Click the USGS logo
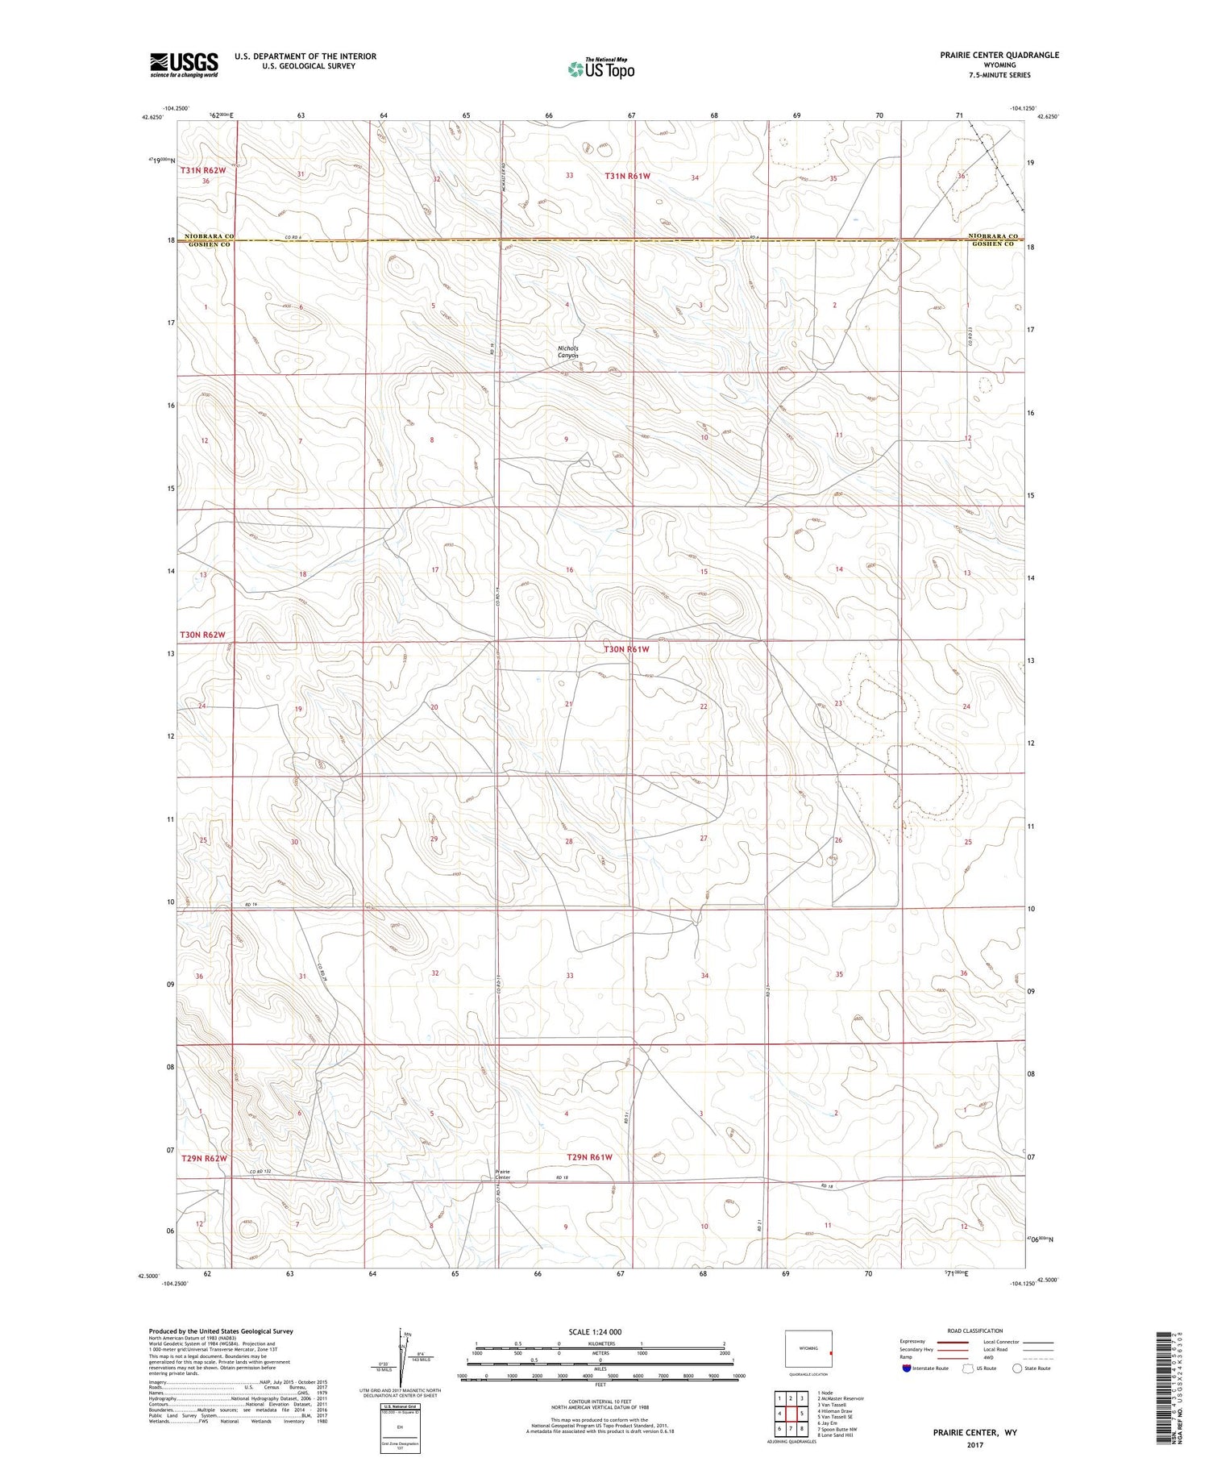pyautogui.click(x=184, y=65)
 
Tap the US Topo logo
pyautogui.click(x=600, y=69)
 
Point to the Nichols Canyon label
pyautogui.click(x=568, y=352)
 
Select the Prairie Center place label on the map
pyautogui.click(x=502, y=1174)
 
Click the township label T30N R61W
pyautogui.click(x=627, y=649)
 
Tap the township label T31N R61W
pyautogui.click(x=627, y=175)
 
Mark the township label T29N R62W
pyautogui.click(x=204, y=1159)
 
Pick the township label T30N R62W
pyautogui.click(x=202, y=635)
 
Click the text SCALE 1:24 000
pyautogui.click(x=595, y=1331)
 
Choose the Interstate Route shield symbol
pyautogui.click(x=907, y=1368)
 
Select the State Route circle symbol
pyautogui.click(x=1017, y=1368)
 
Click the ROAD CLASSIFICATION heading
pyautogui.click(x=974, y=1331)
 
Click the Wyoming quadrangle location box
pyautogui.click(x=808, y=1348)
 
